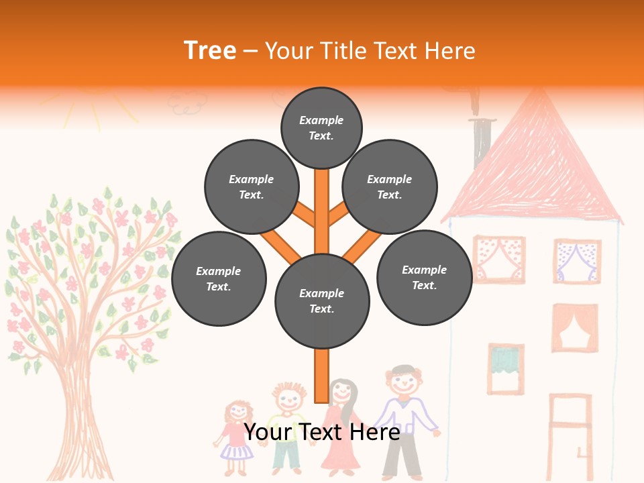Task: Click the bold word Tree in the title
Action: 210,50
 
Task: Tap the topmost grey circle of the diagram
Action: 321,127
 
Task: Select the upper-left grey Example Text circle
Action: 252,187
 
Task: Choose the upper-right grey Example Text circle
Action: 390,187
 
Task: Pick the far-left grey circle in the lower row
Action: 219,279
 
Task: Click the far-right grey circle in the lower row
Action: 424,278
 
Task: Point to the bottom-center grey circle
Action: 322,301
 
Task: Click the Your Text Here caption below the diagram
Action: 322,432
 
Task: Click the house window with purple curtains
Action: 576,261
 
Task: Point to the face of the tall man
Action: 405,383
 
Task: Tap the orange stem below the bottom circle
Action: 322,376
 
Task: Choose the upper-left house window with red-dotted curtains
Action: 499,258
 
